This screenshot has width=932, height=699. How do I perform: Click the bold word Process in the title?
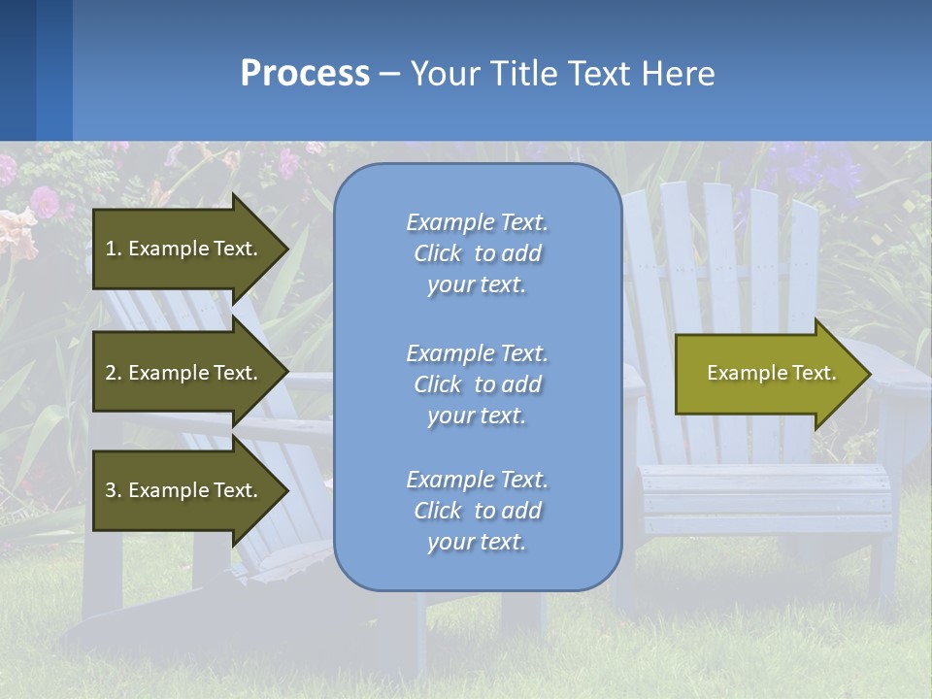coord(305,74)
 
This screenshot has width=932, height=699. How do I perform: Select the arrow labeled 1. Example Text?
coord(184,249)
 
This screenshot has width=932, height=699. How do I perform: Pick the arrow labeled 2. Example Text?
coord(184,373)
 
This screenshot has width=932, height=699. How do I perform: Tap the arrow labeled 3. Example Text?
coord(184,490)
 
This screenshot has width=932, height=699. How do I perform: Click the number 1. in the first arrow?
coord(114,249)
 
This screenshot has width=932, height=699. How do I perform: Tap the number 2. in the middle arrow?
coord(114,373)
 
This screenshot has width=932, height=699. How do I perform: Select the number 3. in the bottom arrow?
coord(114,490)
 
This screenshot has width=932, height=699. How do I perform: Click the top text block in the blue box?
coord(477,253)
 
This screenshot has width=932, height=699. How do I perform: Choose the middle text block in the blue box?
coord(477,384)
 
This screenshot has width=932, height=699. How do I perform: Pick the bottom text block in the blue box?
coord(477,511)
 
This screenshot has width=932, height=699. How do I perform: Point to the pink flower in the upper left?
coord(44,201)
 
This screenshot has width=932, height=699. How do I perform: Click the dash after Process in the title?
coord(390,75)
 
